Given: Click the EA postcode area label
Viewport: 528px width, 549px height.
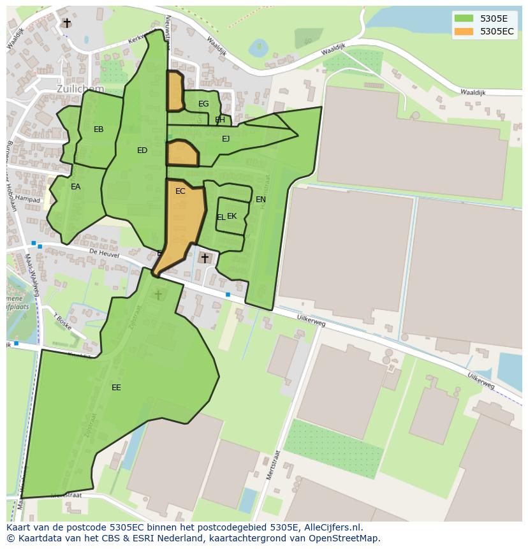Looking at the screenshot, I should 76,187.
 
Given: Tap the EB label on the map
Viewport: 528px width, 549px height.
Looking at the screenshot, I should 99,129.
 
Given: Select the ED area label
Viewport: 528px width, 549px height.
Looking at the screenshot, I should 142,150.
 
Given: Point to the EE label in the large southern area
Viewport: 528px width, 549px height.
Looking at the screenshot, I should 116,388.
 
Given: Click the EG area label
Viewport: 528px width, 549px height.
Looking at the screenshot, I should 203,104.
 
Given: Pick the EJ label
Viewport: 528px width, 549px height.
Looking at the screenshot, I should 226,138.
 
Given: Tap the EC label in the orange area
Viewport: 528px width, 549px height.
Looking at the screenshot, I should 180,191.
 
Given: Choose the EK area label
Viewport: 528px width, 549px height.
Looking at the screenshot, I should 232,216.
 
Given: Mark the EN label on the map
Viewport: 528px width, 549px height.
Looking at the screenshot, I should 261,200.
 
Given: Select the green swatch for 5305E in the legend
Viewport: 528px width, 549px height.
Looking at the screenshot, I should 464,18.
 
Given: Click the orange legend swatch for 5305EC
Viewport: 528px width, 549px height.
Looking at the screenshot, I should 464,31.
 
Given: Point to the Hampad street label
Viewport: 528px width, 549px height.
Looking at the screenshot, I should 28,199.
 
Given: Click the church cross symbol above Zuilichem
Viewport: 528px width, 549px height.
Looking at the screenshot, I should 67,23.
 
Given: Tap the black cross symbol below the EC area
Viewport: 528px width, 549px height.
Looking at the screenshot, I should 205,258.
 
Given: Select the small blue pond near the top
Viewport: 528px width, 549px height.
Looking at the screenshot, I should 259,47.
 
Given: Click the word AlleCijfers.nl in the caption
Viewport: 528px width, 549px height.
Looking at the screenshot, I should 332,528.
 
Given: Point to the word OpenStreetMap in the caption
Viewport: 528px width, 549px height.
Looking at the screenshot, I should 347,538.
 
